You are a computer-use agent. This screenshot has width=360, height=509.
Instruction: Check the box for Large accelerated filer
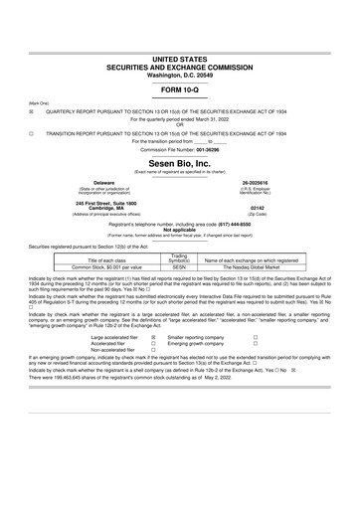point(152,337)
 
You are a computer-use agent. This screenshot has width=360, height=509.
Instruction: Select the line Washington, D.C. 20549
point(180,47)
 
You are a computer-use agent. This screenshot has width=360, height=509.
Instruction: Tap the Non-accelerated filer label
point(110,351)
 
